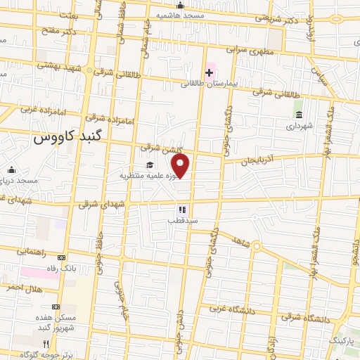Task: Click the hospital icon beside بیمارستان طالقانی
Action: tap(209, 73)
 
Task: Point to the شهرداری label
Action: tap(300, 127)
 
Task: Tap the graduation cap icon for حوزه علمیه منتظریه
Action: tap(149, 165)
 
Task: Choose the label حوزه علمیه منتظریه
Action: tap(146, 176)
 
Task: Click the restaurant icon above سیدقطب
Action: tap(181, 209)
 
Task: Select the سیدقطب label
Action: tap(182, 220)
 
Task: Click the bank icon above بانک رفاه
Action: tap(60, 257)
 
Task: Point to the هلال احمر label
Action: tap(24, 288)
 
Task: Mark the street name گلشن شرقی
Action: tap(160, 147)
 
